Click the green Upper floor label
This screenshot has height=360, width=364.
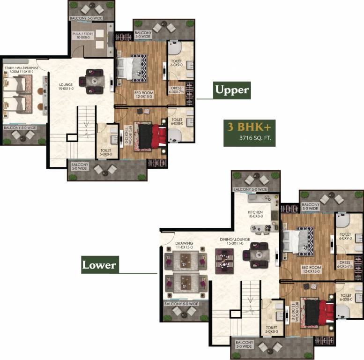[x=232, y=89]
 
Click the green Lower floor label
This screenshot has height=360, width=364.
[x=99, y=265]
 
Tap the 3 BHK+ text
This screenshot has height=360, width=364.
[x=247, y=126]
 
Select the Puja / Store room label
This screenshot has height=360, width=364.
[x=82, y=37]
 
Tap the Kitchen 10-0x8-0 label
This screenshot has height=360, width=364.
[x=255, y=215]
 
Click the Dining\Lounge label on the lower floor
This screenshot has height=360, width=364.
[x=235, y=241]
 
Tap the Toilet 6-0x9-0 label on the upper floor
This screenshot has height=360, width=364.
[x=177, y=64]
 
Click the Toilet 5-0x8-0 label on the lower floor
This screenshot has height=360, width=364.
[x=272, y=330]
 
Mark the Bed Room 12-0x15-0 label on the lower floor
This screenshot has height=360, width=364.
[x=311, y=270]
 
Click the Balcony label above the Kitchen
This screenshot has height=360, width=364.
[x=250, y=189]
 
